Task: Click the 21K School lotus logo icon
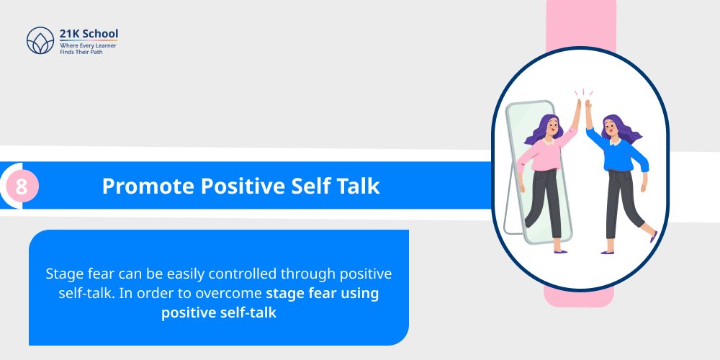pos(40,41)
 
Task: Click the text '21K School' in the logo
pos(89,34)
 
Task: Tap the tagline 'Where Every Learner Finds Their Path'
pos(88,49)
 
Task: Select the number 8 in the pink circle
pos(22,187)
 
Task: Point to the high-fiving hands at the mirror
pos(582,106)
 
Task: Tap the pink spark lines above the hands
pos(582,91)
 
